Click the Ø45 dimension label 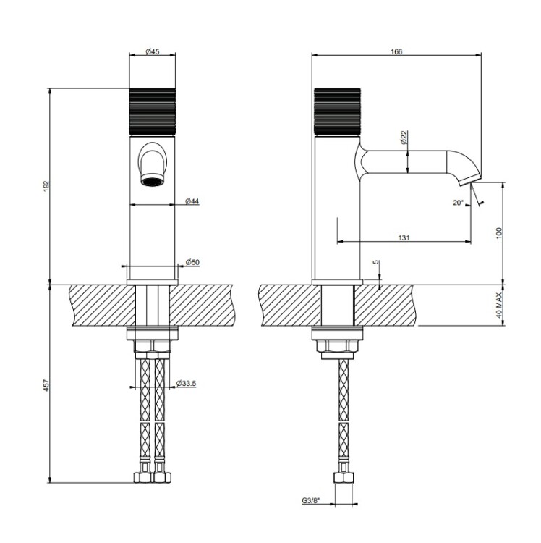(153, 51)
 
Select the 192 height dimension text (47, 187)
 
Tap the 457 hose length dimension (47, 385)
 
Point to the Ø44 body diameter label (192, 201)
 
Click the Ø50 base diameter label (192, 262)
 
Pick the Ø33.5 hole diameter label (186, 383)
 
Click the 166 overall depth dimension (396, 51)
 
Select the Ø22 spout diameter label (404, 137)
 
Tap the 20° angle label (458, 203)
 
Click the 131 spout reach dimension (404, 237)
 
